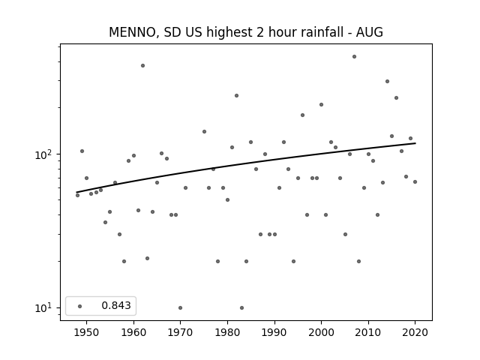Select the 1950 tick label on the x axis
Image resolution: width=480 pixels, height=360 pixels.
(86, 332)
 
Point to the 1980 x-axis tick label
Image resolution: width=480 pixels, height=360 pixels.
(227, 332)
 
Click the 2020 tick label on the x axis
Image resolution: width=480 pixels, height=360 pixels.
(415, 332)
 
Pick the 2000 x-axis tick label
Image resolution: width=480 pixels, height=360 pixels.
(321, 332)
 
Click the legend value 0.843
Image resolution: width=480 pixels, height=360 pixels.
(116, 305)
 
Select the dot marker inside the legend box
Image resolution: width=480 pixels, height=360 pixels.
(79, 306)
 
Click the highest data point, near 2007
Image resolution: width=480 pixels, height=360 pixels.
(354, 57)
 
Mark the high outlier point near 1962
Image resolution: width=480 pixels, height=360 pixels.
(142, 65)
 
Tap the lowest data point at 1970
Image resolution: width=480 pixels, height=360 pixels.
(180, 308)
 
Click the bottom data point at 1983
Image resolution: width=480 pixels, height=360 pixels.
(241, 308)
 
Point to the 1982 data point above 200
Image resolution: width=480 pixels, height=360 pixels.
(237, 95)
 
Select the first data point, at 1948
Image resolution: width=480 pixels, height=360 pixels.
(77, 195)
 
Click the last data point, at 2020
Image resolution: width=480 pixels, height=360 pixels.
(415, 181)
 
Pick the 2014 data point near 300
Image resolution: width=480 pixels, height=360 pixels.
(387, 82)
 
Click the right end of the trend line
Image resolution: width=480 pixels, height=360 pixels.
(415, 143)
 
